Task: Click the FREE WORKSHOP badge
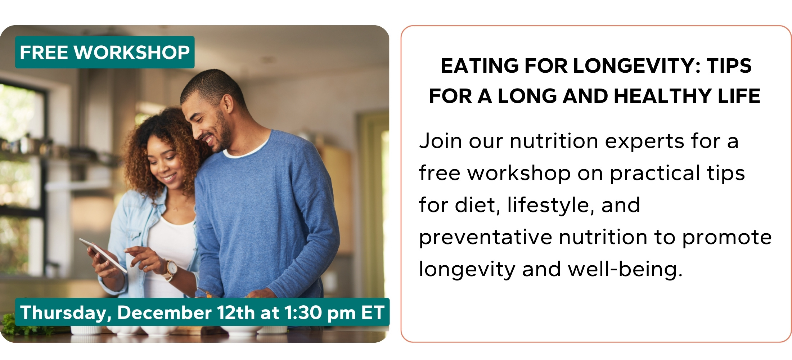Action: click(105, 52)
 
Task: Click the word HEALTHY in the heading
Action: click(663, 96)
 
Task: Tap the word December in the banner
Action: click(164, 312)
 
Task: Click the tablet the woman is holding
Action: click(103, 255)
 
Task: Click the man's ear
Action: click(228, 103)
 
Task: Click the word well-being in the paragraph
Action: click(625, 270)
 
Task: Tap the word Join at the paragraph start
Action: click(441, 141)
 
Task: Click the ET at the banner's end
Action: click(373, 312)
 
